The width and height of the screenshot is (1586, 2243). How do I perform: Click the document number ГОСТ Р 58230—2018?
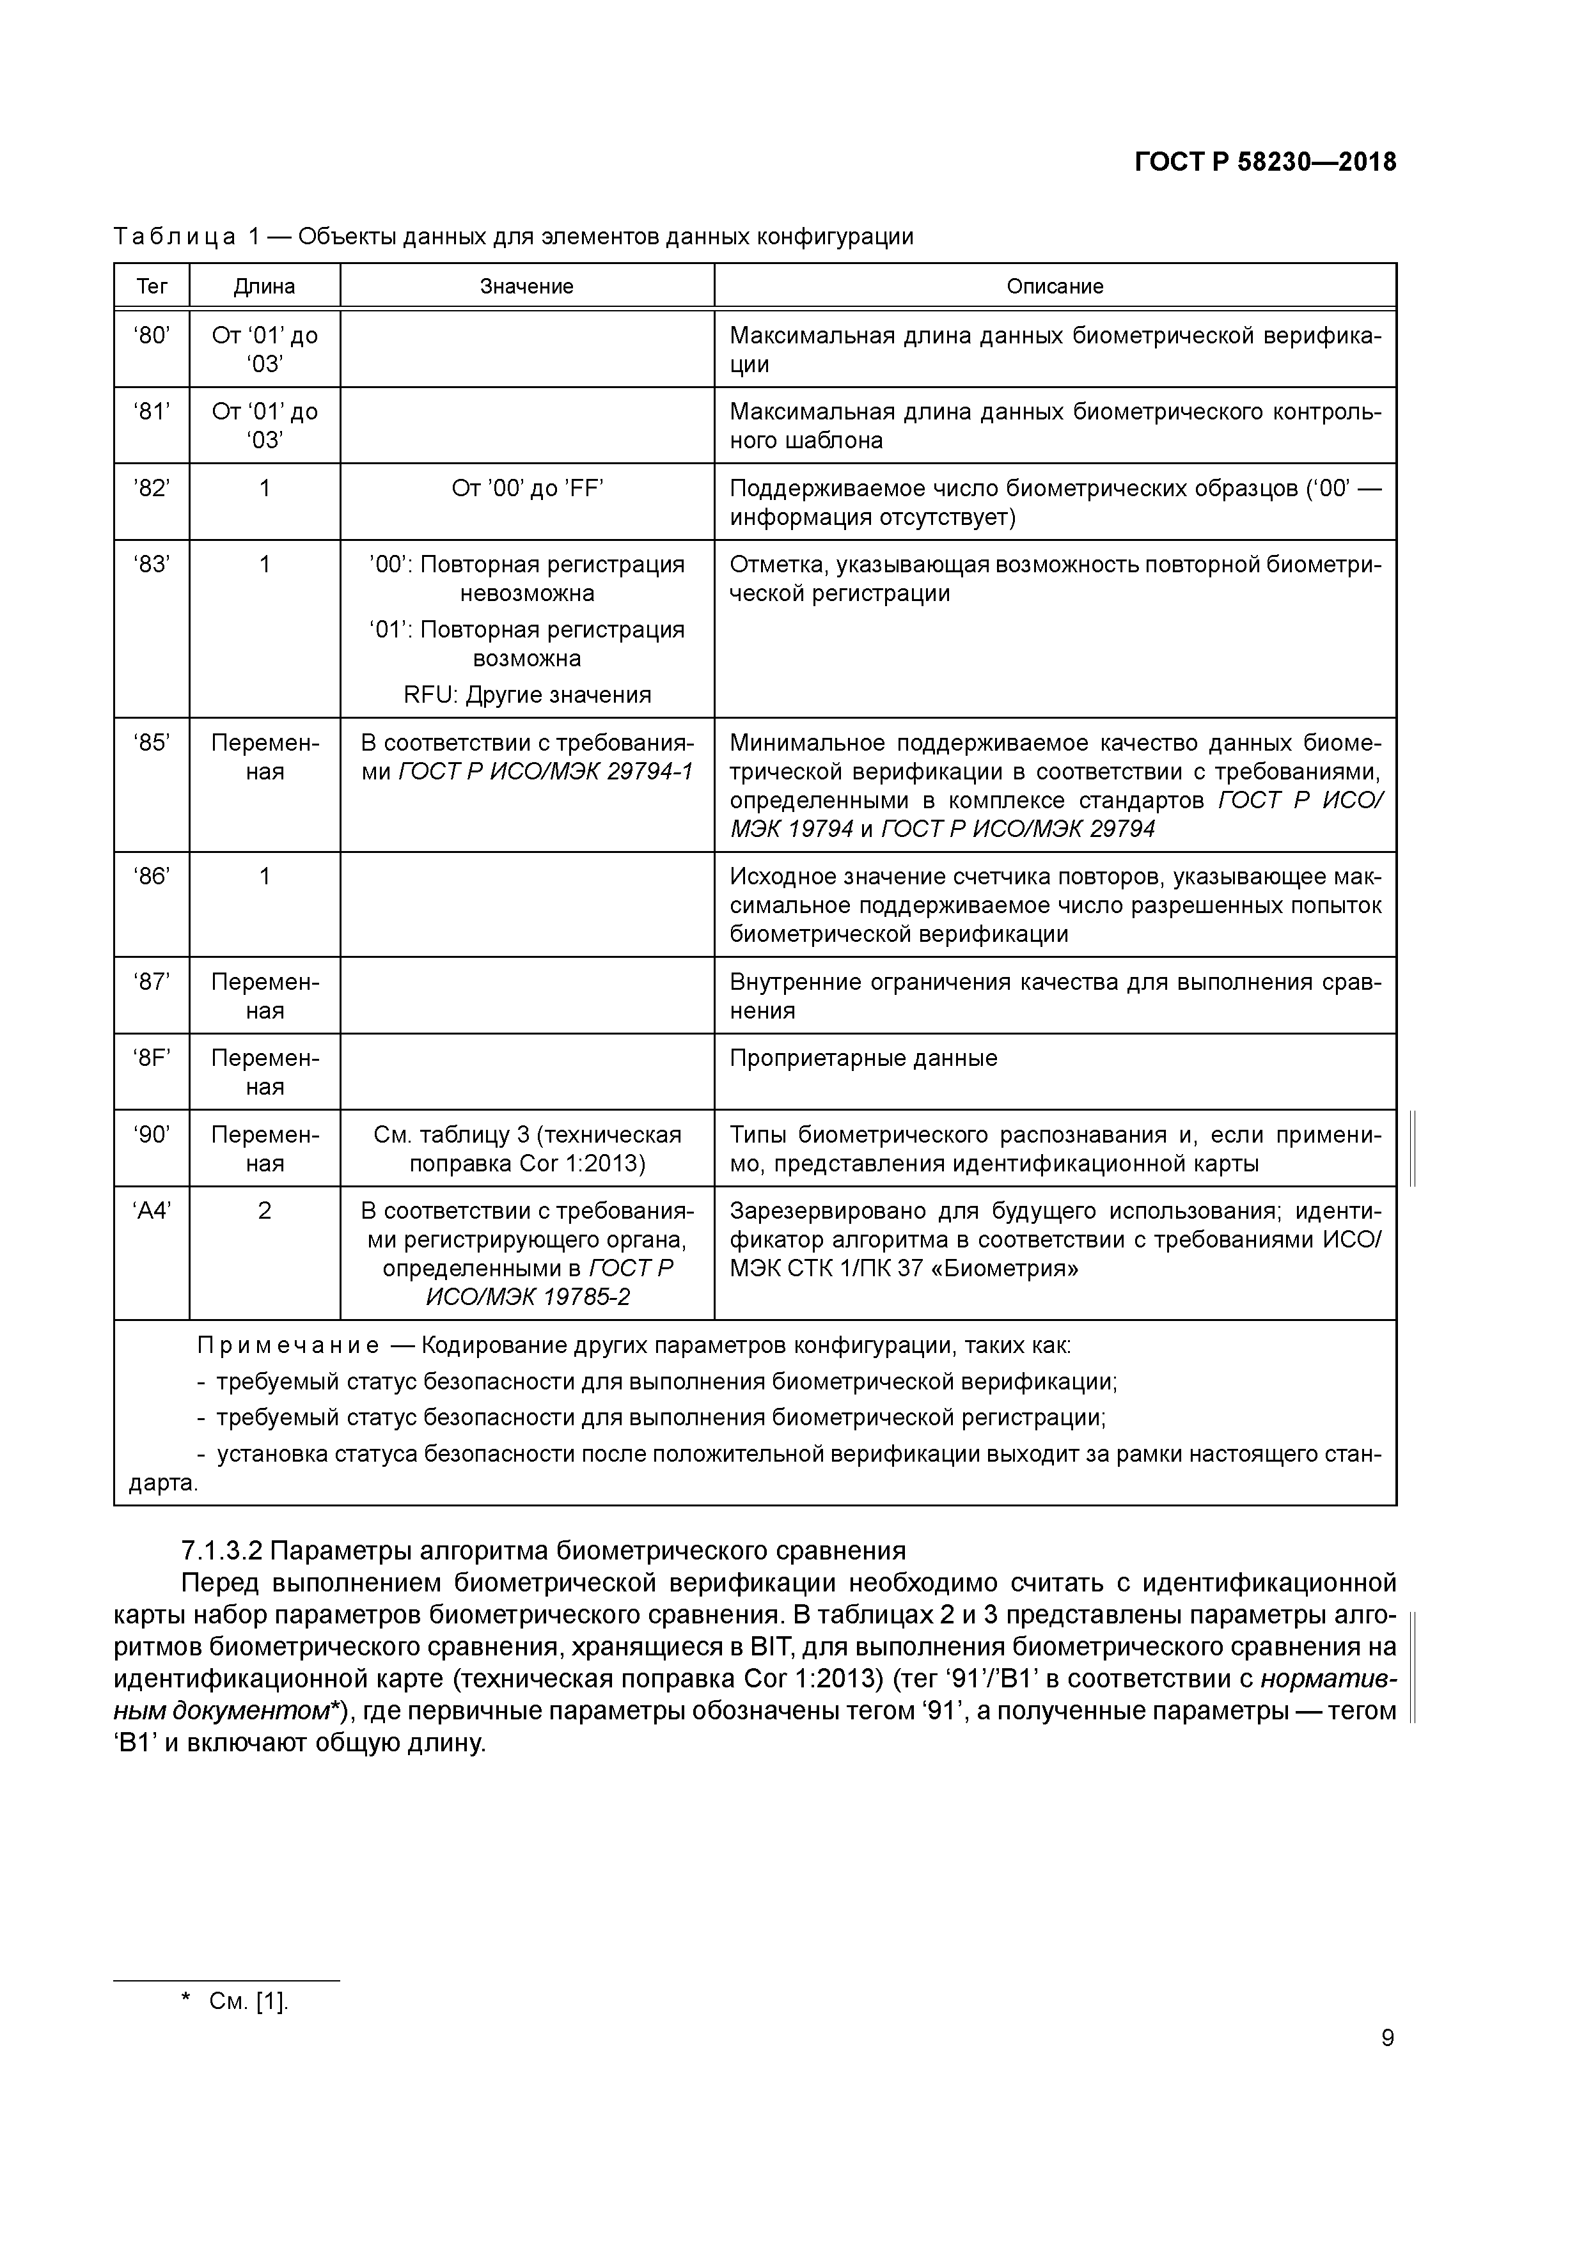coord(1266,162)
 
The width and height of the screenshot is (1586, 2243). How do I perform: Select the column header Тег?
coord(152,286)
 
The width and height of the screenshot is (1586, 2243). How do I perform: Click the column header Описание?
coord(1055,286)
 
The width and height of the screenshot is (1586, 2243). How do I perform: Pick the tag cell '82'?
coord(152,487)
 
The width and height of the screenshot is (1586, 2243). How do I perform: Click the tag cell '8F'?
coord(152,1058)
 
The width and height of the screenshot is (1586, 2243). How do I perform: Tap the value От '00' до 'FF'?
coord(527,487)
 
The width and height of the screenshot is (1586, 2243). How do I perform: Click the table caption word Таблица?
coord(174,237)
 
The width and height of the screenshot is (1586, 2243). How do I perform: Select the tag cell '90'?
coord(152,1134)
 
